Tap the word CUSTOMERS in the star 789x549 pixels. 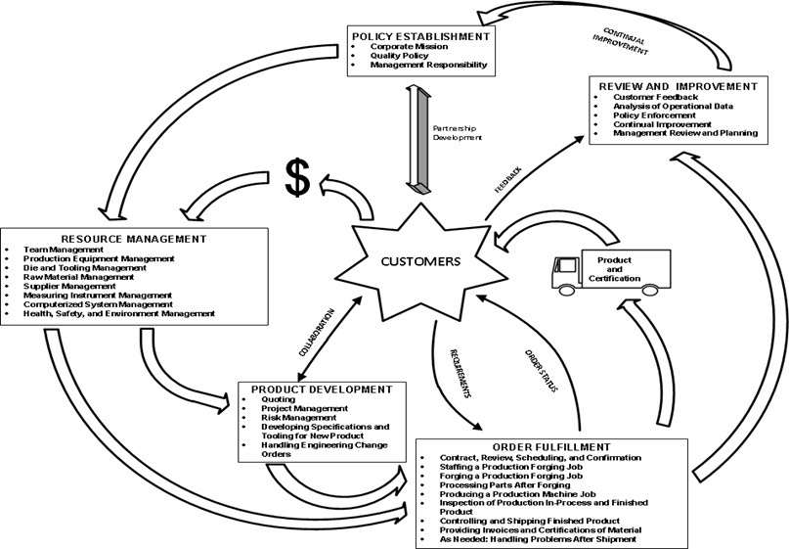[x=422, y=261]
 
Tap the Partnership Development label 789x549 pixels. [x=457, y=133]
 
